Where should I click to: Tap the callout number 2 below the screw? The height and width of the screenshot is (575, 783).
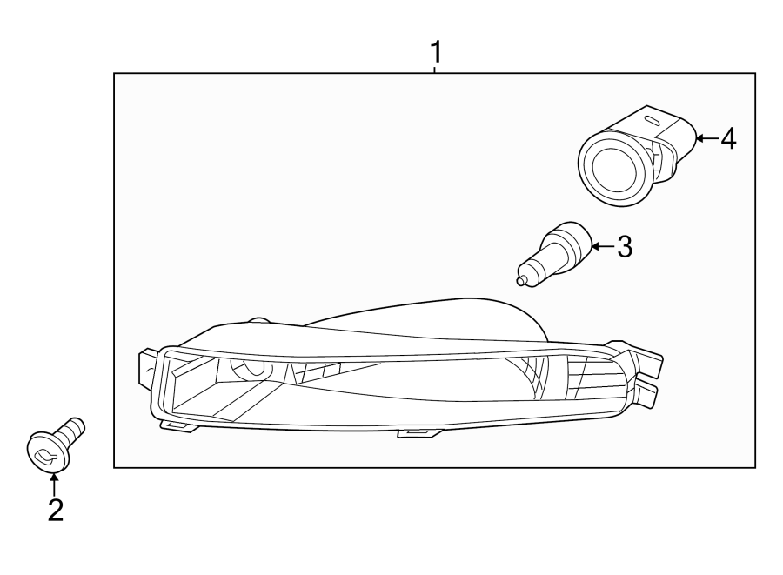click(55, 510)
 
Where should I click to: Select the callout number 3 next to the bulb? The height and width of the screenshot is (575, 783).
click(624, 247)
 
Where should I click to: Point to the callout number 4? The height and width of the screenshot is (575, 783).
click(727, 137)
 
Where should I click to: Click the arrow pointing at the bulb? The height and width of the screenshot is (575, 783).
click(602, 247)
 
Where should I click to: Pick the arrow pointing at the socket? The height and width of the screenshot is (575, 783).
click(706, 137)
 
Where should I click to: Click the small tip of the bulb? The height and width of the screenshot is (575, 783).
click(522, 280)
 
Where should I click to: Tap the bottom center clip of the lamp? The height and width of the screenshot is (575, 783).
click(416, 431)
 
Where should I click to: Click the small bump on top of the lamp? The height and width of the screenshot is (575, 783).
click(258, 322)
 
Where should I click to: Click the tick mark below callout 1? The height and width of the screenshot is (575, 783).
click(434, 70)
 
